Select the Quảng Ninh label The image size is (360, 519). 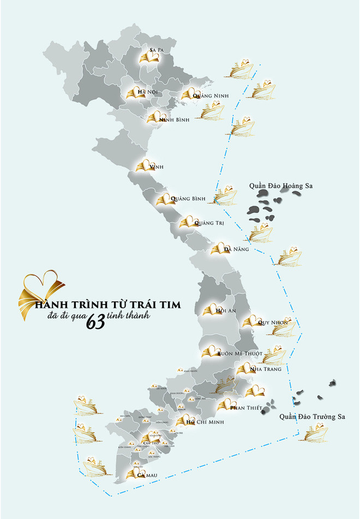click(x=211, y=96)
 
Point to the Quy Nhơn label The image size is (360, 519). click(x=273, y=323)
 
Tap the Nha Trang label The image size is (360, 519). click(x=265, y=369)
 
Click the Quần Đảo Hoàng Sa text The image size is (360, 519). click(x=280, y=186)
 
